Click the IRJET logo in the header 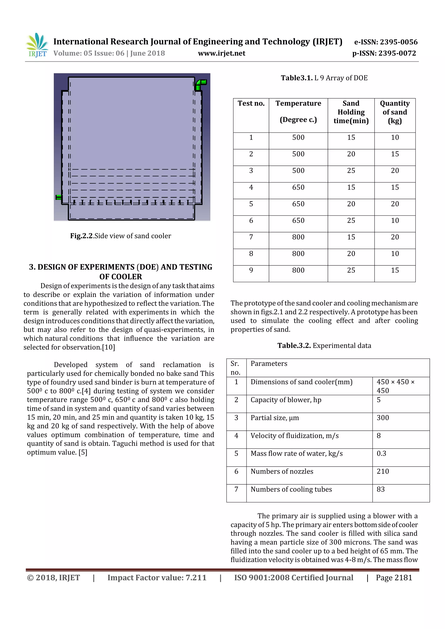pos(37,45)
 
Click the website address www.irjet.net pos(221,53)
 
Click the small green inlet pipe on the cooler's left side pos(59,197)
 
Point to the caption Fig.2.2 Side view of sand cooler pos(121,236)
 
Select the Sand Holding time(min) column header pos(351,112)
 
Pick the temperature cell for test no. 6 pos(298,220)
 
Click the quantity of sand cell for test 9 pos(395,270)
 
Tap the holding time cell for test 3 pos(351,171)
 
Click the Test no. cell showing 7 pos(251,237)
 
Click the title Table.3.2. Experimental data pos(324,346)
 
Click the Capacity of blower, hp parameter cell pos(286,400)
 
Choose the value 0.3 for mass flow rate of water pos(381,453)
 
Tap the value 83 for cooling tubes pos(381,489)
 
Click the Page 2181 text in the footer pos(394,578)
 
